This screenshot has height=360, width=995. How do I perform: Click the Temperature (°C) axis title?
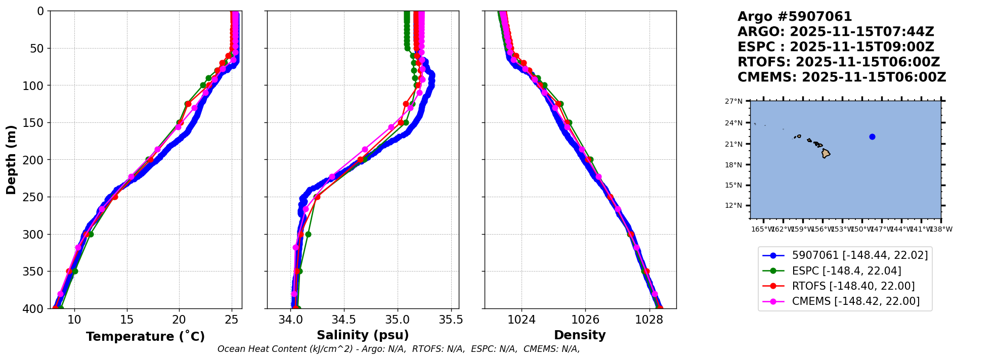pyautogui.click(x=145, y=337)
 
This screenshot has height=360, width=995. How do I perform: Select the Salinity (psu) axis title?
pyautogui.click(x=363, y=335)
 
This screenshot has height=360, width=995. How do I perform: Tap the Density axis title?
pyautogui.click(x=580, y=335)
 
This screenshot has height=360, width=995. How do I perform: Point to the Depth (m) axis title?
pyautogui.click(x=11, y=159)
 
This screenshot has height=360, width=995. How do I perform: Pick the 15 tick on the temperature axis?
pyautogui.click(x=127, y=320)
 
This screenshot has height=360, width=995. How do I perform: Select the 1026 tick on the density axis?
pyautogui.click(x=585, y=320)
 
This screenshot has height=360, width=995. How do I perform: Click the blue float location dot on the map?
pyautogui.click(x=872, y=137)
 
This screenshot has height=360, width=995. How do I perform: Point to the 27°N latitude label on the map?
pyautogui.click(x=733, y=102)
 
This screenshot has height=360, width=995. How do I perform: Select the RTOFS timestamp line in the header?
pyautogui.click(x=838, y=62)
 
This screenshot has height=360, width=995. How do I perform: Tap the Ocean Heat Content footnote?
pyautogui.click(x=399, y=349)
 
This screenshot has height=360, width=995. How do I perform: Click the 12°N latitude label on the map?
pyautogui.click(x=733, y=206)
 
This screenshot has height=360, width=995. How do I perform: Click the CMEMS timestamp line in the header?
pyautogui.click(x=841, y=77)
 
